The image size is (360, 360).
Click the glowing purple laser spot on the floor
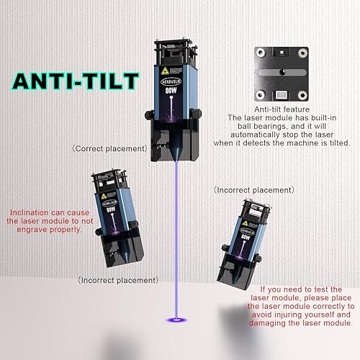[176, 319]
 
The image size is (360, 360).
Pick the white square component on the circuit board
[282, 94]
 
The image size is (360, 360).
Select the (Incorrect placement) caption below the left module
[117, 279]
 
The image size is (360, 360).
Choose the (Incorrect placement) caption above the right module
[254, 189]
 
